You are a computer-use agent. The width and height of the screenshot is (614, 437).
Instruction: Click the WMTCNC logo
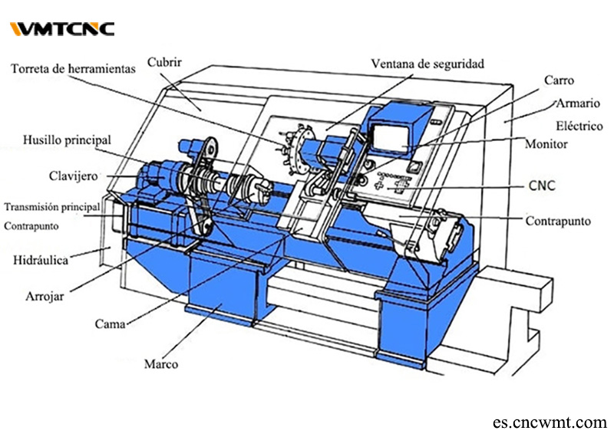click(x=62, y=29)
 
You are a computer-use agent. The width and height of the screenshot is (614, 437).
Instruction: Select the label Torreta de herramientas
click(x=73, y=69)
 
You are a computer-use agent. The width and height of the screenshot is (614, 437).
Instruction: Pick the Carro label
click(x=559, y=80)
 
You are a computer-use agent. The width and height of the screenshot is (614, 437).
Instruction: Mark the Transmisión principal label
click(x=52, y=207)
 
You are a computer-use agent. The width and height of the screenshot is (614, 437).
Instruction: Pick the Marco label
click(x=161, y=363)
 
